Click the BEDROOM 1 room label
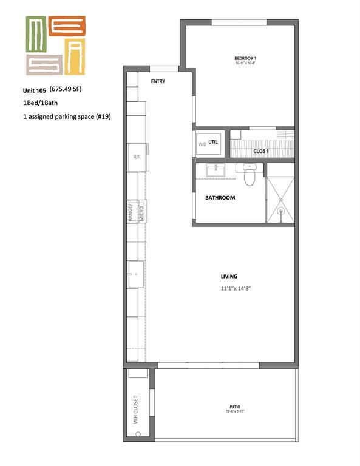tap(246, 58)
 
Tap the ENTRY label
tap(157, 81)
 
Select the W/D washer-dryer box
tap(202, 144)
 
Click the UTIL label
tap(213, 141)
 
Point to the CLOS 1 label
tap(261, 150)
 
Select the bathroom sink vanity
tap(216, 171)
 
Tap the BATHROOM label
tap(220, 198)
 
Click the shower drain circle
tap(280, 212)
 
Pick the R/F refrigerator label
tap(137, 157)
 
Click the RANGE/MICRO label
tap(135, 212)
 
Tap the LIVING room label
tap(229, 277)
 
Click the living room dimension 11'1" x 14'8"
tap(236, 289)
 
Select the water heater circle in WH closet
tap(138, 434)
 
